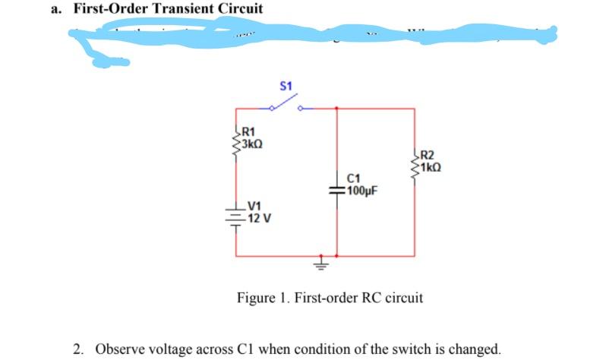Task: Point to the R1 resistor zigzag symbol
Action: coord(238,140)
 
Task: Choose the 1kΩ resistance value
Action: coord(430,169)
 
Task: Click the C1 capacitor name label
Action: coord(352,178)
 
